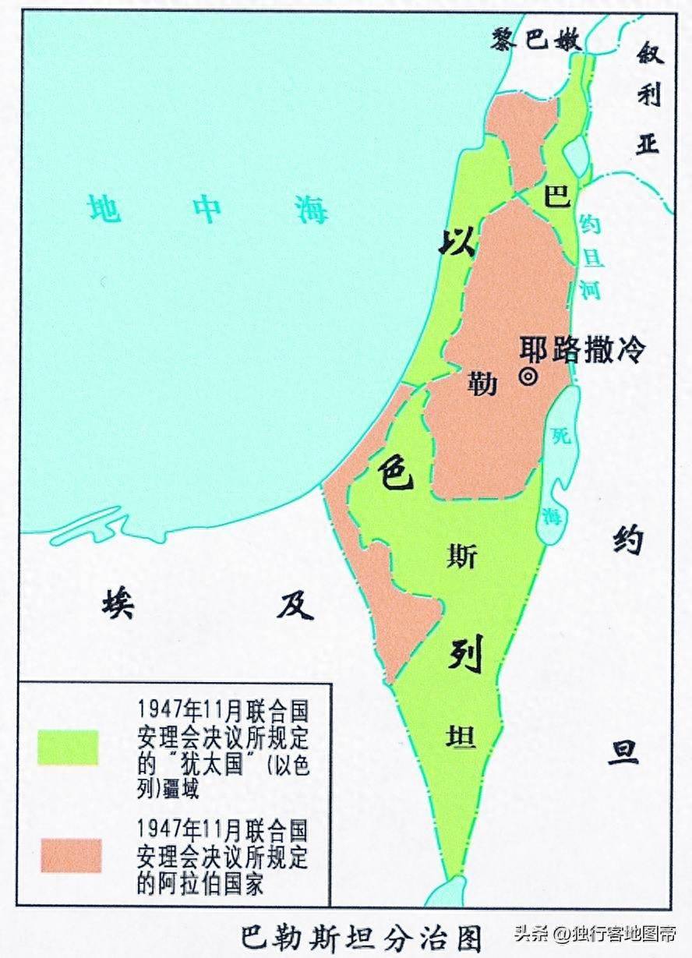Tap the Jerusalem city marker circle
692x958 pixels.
click(528, 376)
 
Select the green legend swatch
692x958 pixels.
click(69, 746)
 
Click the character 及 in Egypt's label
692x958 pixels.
click(295, 604)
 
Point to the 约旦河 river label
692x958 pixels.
click(591, 257)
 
